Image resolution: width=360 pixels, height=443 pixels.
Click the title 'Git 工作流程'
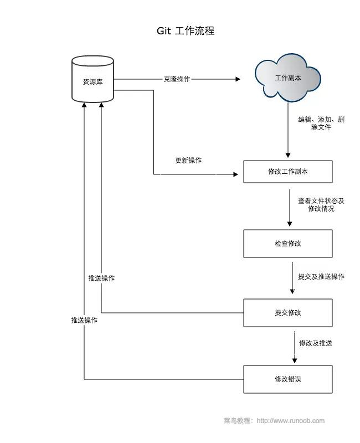pyautogui.click(x=186, y=31)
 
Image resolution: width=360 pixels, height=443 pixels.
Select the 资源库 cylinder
pyautogui.click(x=92, y=81)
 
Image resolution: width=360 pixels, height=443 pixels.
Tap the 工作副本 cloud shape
pyautogui.click(x=288, y=79)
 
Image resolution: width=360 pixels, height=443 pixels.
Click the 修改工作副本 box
pyautogui.click(x=288, y=172)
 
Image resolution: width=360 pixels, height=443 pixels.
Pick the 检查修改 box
pyautogui.click(x=288, y=244)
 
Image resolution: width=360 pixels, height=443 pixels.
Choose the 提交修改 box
pyautogui.click(x=288, y=312)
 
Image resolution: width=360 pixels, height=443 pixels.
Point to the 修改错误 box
pyautogui.click(x=288, y=379)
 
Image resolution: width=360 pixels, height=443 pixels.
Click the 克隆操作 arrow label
pyautogui.click(x=177, y=79)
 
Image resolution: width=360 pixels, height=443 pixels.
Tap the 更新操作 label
pyautogui.click(x=188, y=161)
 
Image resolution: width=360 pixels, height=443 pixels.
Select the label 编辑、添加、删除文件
pyautogui.click(x=321, y=123)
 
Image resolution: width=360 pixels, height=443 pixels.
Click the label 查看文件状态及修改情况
pyautogui.click(x=321, y=205)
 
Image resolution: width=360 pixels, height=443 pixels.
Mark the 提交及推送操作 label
pyautogui.click(x=321, y=276)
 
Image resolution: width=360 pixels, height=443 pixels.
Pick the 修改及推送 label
pyautogui.click(x=316, y=343)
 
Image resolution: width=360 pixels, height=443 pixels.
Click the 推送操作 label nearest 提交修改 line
pyautogui.click(x=101, y=278)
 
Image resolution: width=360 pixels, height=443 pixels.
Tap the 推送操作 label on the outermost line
pyautogui.click(x=84, y=320)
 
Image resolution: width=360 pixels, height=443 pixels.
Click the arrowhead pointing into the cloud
pyautogui.click(x=238, y=79)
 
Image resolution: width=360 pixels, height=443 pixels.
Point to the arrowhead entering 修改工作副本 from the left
pyautogui.click(x=240, y=174)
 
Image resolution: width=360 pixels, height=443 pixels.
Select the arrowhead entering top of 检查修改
pyautogui.click(x=289, y=224)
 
